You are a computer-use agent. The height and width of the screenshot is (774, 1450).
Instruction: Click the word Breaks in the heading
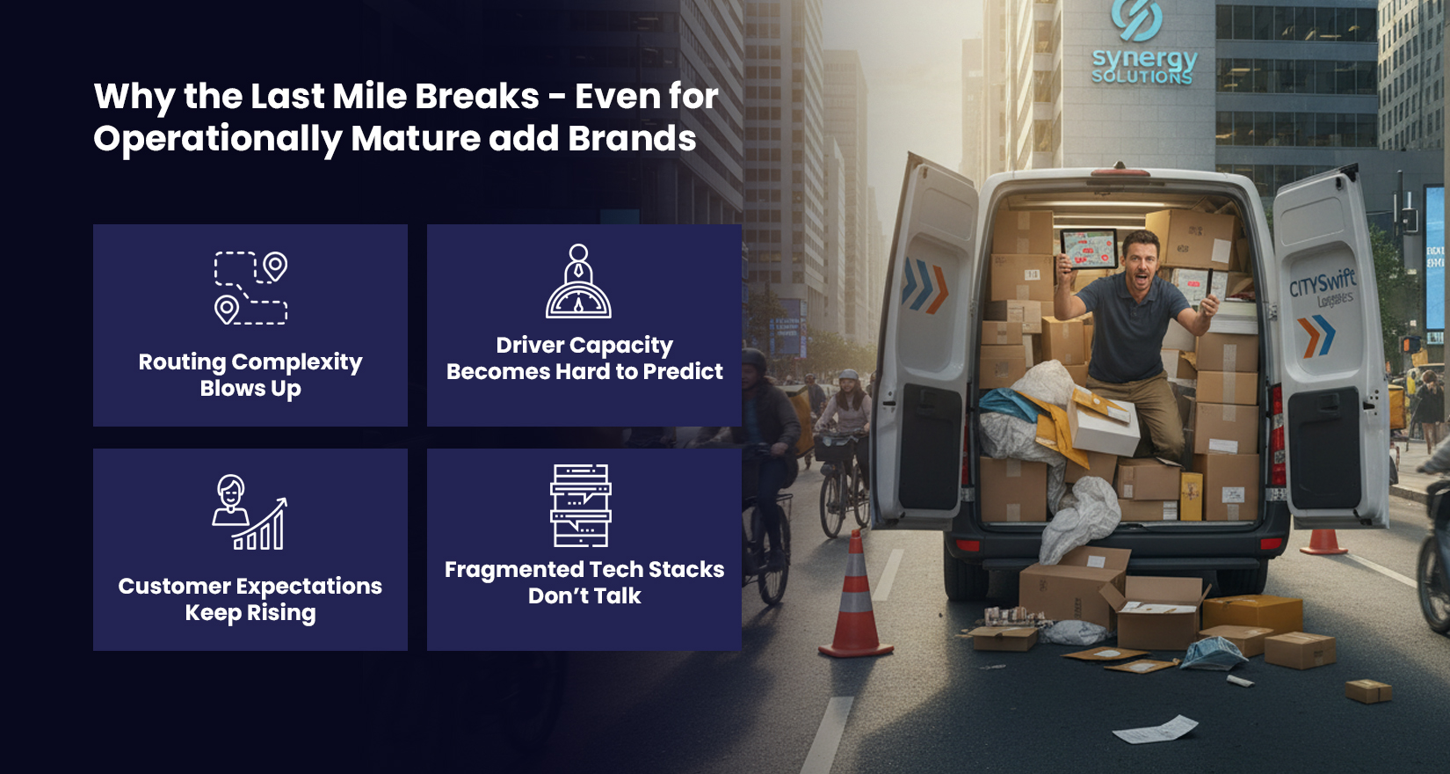pos(477,96)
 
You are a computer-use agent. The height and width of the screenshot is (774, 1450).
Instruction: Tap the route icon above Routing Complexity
pos(250,288)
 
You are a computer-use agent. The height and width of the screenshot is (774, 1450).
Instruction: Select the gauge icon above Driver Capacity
pos(578,282)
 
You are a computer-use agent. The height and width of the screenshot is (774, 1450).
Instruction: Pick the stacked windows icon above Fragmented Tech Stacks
pos(581,506)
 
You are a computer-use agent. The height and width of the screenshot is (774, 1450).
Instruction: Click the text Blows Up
pos(250,389)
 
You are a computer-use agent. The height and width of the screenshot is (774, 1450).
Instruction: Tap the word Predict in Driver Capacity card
pos(683,372)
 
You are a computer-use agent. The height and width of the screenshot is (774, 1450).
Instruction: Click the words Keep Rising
pos(250,613)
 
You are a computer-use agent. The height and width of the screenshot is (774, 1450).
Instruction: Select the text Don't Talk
pos(584,596)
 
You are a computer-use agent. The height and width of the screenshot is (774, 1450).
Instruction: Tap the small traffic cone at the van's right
pos(1323,541)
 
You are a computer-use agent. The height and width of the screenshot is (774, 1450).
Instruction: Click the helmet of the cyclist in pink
pos(848,376)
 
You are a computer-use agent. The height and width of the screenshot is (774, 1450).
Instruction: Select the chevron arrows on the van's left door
pos(925,287)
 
